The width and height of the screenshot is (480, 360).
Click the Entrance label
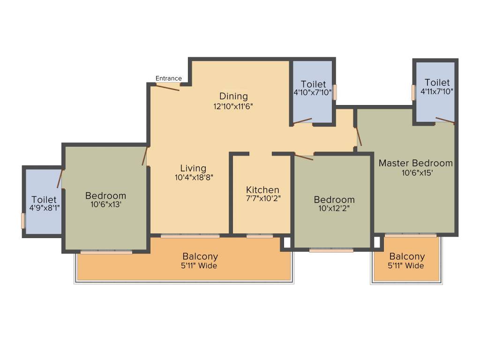pyautogui.click(x=168, y=78)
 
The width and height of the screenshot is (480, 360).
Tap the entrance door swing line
pyautogui.click(x=167, y=87)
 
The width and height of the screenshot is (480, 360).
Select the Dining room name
pyautogui.click(x=233, y=97)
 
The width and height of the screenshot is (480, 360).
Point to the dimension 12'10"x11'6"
pyautogui.click(x=233, y=106)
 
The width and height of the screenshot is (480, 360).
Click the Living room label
pyautogui.click(x=193, y=168)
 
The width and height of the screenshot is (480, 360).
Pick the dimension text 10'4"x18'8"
pyautogui.click(x=193, y=177)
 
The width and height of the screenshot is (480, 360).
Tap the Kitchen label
pyautogui.click(x=262, y=190)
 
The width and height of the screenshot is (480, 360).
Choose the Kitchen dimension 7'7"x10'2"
pyautogui.click(x=262, y=199)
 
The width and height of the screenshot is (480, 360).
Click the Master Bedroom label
pyautogui.click(x=416, y=163)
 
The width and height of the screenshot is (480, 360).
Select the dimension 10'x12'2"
pyautogui.click(x=334, y=209)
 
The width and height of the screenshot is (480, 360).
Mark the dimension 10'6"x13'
pyautogui.click(x=105, y=204)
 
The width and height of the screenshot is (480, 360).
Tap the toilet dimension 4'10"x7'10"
pyautogui.click(x=313, y=93)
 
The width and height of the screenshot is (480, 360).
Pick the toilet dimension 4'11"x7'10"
pyautogui.click(x=437, y=91)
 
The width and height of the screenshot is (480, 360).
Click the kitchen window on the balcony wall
pyautogui.click(x=260, y=236)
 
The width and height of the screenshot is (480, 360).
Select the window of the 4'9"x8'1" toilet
pyautogui.click(x=23, y=221)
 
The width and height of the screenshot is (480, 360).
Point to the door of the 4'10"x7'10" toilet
pyautogui.click(x=303, y=121)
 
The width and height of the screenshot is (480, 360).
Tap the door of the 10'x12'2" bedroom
pyautogui.click(x=303, y=157)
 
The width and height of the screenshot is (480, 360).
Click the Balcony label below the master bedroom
pyautogui.click(x=407, y=256)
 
